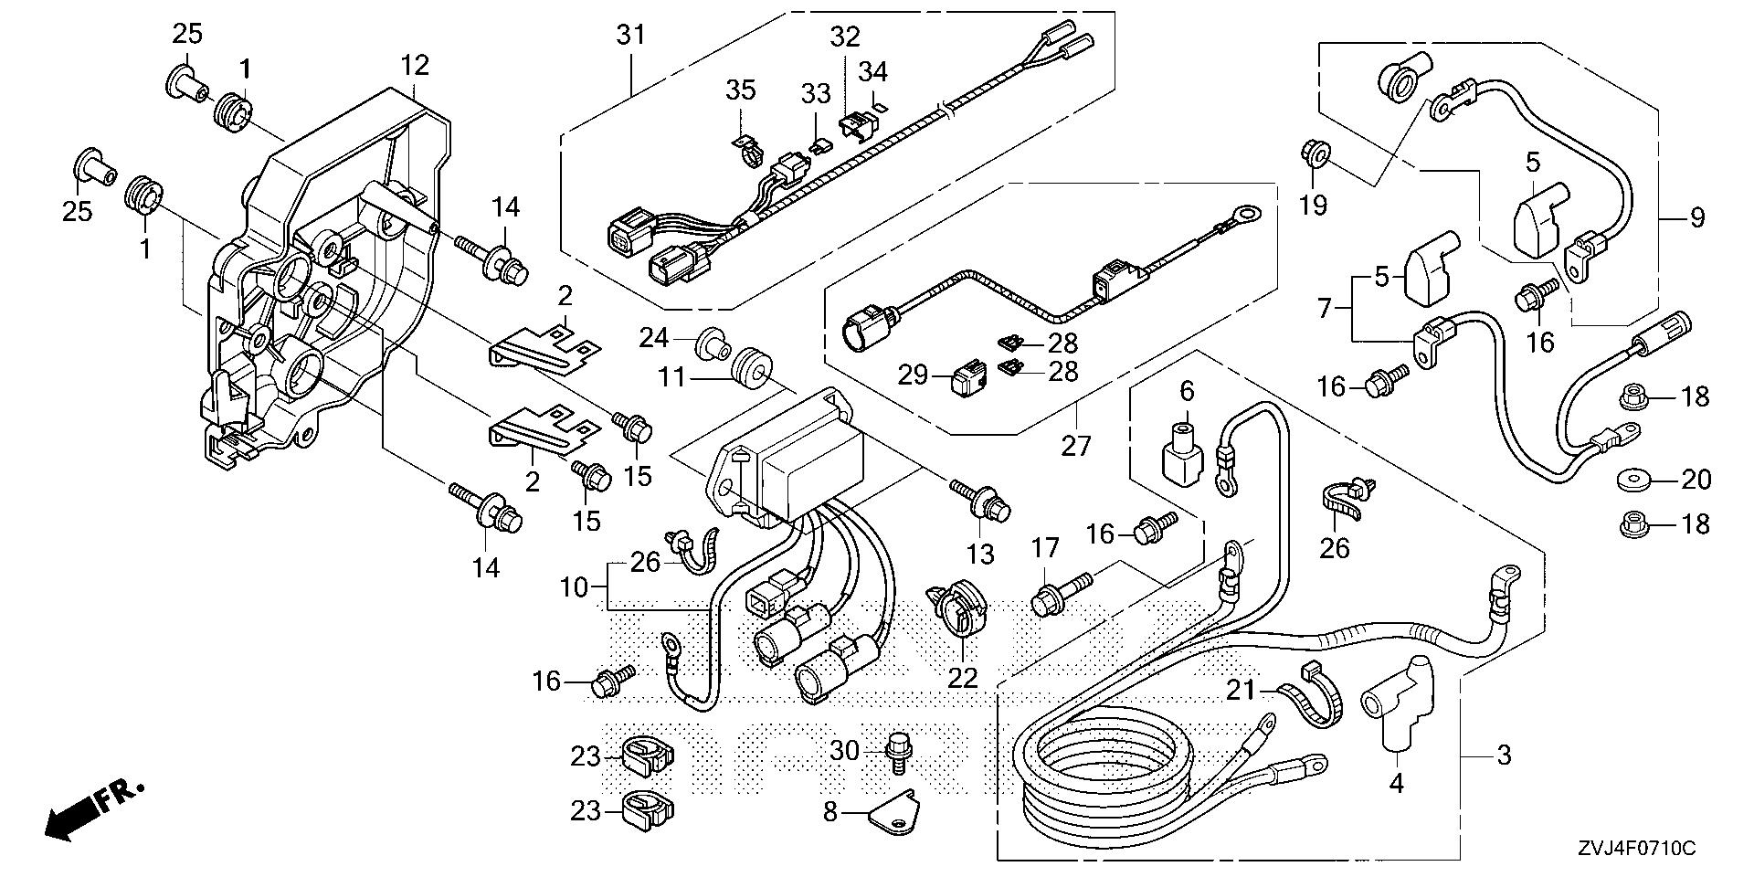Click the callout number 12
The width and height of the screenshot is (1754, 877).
(414, 66)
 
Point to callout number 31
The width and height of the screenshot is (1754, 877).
(630, 36)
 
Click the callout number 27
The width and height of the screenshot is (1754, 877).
(1076, 447)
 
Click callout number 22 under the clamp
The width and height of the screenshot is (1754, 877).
(963, 677)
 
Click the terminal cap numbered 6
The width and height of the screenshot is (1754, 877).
(1183, 452)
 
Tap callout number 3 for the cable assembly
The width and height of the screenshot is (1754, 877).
(1504, 755)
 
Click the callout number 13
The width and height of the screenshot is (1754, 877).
(982, 554)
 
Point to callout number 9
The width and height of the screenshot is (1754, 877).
(1697, 217)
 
